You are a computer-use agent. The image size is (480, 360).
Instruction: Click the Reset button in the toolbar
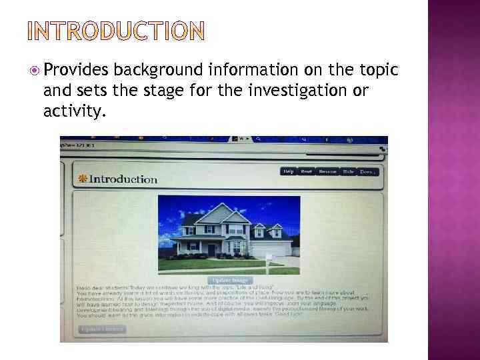coord(306,171)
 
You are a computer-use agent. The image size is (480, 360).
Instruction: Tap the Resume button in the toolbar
coord(327,171)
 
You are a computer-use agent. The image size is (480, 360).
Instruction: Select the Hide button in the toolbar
coord(348,171)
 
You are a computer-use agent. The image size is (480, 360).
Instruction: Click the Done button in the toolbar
coord(368,171)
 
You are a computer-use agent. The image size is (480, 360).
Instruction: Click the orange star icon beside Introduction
coord(83,179)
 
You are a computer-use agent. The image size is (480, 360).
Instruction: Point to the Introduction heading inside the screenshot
coord(123,179)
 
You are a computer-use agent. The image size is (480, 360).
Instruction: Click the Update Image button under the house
coord(229,280)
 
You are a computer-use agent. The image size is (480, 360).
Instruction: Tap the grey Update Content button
coord(101,329)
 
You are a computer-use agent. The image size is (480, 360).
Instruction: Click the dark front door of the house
coord(212,249)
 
